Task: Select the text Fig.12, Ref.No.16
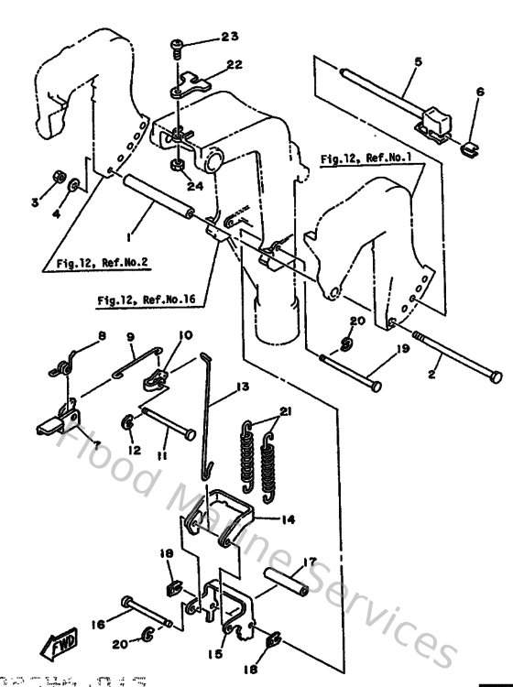(x=150, y=299)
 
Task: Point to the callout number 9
(x=131, y=336)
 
